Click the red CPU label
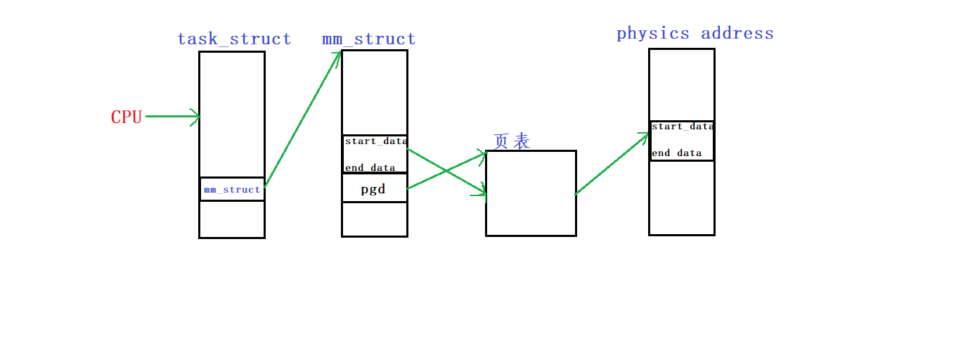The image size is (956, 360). point(127,117)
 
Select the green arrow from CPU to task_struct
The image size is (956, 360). point(172,116)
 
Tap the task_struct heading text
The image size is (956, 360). point(234,39)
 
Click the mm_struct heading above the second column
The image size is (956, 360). point(368,39)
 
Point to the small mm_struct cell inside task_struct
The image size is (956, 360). point(232,190)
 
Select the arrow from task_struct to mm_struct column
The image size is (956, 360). point(302,120)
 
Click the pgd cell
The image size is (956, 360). point(373,188)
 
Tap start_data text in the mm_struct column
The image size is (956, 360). point(375,141)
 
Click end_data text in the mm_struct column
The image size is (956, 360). point(370,168)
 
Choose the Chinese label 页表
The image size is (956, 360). point(512,141)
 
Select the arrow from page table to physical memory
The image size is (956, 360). point(612,164)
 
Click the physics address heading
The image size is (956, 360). point(695,33)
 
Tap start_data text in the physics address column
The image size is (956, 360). point(682,127)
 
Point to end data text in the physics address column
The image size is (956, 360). point(676,153)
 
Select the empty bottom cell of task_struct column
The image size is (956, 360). point(232,219)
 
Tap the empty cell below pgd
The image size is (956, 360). point(374,219)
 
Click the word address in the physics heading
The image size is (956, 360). point(737,33)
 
